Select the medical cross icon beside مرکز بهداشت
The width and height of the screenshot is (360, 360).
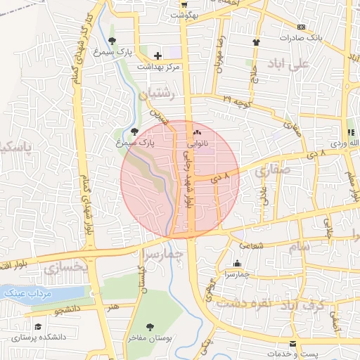point(157,55)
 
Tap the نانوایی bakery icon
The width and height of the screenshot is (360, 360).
point(197,132)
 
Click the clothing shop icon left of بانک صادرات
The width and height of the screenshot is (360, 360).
point(257,42)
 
